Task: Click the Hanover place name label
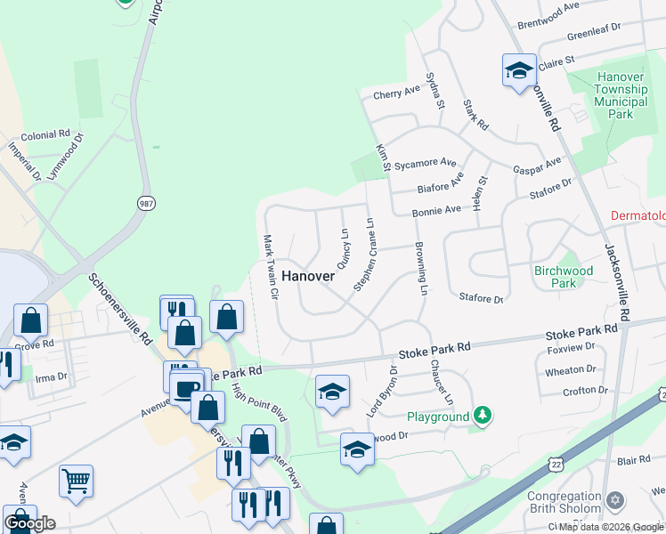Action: click(x=308, y=276)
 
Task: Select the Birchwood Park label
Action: click(x=564, y=277)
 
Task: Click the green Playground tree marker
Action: click(x=482, y=416)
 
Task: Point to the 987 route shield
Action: click(x=146, y=203)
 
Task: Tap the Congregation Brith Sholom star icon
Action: click(x=613, y=503)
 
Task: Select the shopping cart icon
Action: click(x=77, y=481)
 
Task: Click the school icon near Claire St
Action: click(x=519, y=71)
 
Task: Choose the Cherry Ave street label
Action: click(x=396, y=92)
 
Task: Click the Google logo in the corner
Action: click(x=30, y=523)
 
